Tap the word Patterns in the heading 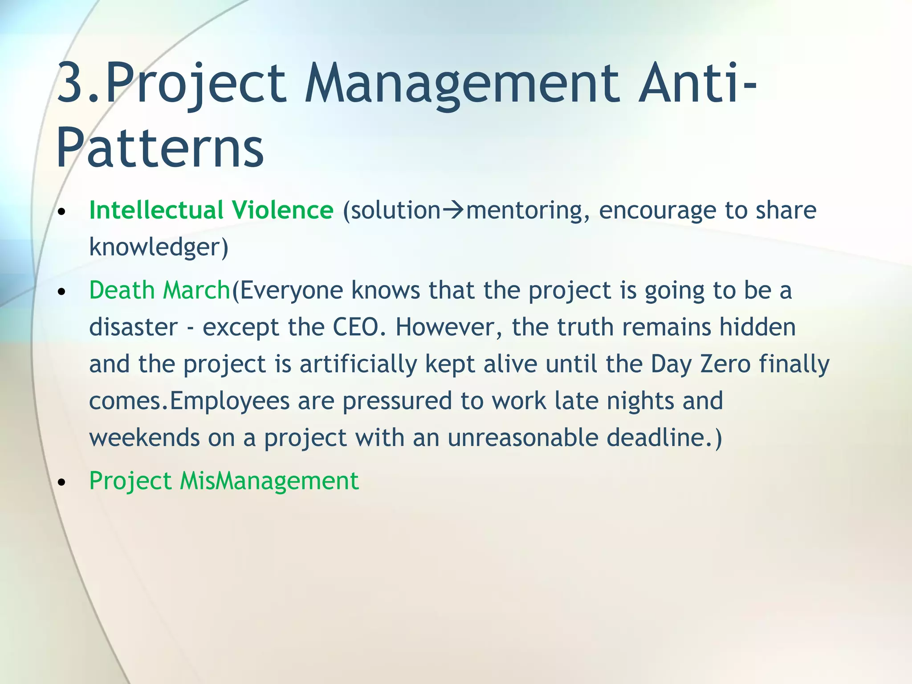pyautogui.click(x=160, y=147)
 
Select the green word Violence pyautogui.click(x=282, y=210)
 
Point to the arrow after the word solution pyautogui.click(x=453, y=211)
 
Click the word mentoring pyautogui.click(x=524, y=211)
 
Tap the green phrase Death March pyautogui.click(x=159, y=290)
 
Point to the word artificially pyautogui.click(x=358, y=364)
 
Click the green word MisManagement pyautogui.click(x=269, y=481)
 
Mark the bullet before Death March pyautogui.click(x=62, y=292)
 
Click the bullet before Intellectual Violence pyautogui.click(x=62, y=212)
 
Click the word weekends pyautogui.click(x=144, y=437)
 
